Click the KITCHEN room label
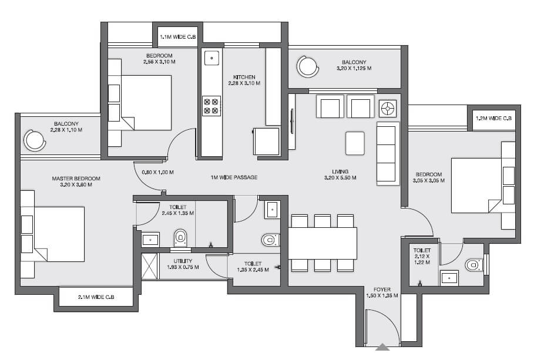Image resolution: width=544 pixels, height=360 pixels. tap(244, 77)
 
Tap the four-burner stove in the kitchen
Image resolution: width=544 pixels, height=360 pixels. tap(211, 106)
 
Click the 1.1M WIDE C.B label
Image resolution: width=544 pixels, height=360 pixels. tap(177, 37)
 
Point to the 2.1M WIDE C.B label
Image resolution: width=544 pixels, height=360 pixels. tap(96, 298)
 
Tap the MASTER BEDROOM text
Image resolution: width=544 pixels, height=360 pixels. tap(76, 179)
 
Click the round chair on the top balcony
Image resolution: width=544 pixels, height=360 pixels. tap(307, 66)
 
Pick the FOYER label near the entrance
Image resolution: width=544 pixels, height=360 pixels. tap(382, 290)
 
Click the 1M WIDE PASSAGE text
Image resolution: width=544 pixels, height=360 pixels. tap(234, 177)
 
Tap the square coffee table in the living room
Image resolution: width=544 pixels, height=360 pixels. tap(355, 143)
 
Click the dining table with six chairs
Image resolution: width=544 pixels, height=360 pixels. tap(323, 243)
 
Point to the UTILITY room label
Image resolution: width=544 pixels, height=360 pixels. tap(182, 261)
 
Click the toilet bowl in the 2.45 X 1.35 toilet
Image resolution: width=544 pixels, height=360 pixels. tap(180, 237)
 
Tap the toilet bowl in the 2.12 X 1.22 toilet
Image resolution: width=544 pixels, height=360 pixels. tap(474, 265)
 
